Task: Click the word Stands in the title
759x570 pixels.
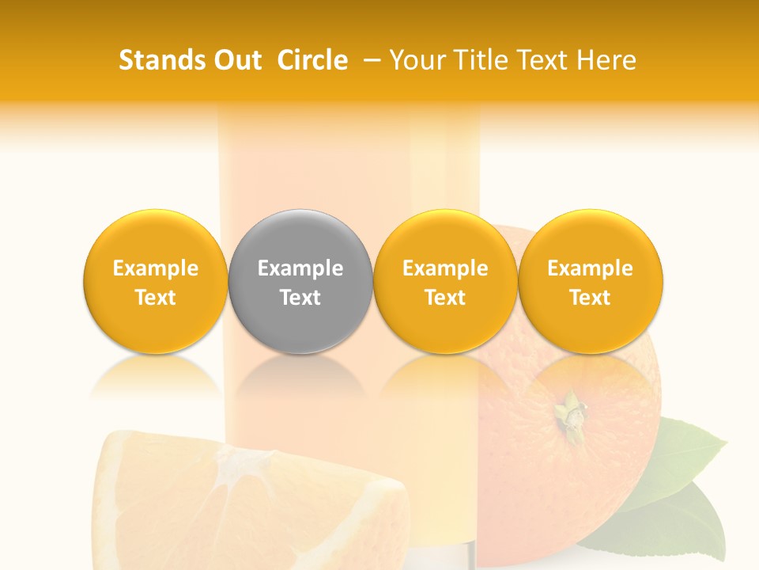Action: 162,60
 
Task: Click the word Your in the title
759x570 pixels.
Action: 416,60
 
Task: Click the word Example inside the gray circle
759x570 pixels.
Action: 300,268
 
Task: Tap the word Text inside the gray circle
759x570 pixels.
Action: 300,298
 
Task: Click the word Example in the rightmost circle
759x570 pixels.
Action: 591,268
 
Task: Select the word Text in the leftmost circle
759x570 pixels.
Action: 156,298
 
